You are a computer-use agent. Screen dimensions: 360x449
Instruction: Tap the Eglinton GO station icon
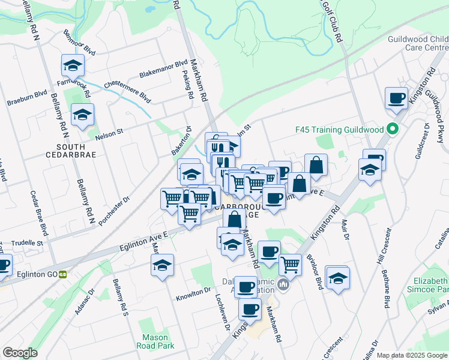pos(62,274)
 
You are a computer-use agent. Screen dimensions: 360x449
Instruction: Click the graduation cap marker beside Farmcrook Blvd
pos(73,65)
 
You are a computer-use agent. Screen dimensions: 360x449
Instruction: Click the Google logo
pos(20,353)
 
